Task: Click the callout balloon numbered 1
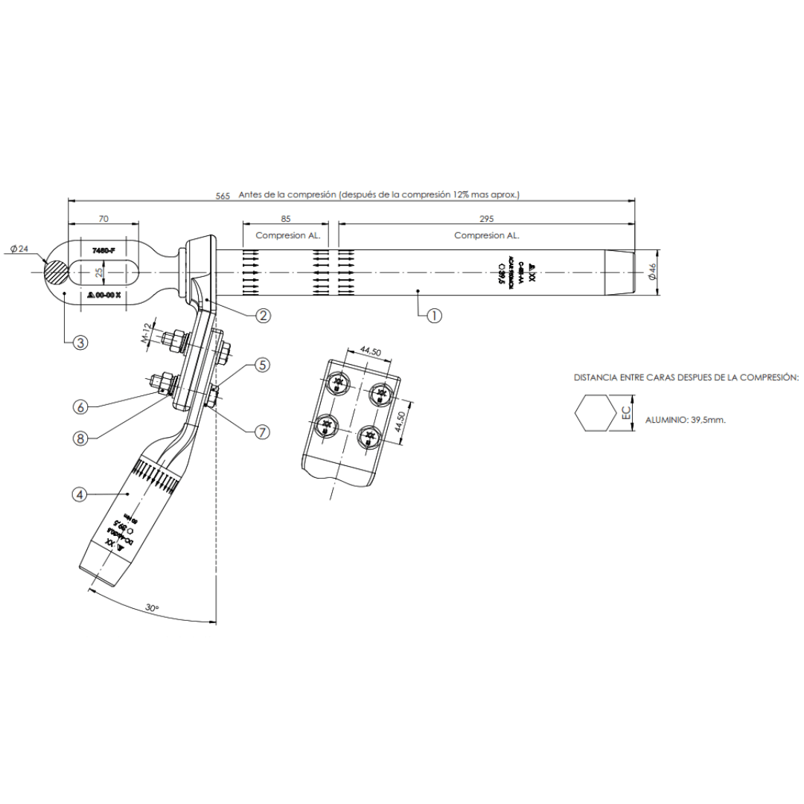[435, 316]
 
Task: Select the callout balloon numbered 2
[263, 316]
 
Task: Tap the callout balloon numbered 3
[80, 342]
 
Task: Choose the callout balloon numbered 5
[262, 365]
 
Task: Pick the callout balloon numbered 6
[80, 406]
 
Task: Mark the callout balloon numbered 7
[262, 431]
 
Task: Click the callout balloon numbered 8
[80, 438]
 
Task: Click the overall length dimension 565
[223, 195]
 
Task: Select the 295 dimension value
[487, 220]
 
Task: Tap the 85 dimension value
[286, 220]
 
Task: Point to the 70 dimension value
[103, 220]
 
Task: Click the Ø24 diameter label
[20, 249]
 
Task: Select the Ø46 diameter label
[652, 272]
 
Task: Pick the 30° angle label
[152, 608]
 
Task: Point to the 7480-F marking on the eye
[103, 251]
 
